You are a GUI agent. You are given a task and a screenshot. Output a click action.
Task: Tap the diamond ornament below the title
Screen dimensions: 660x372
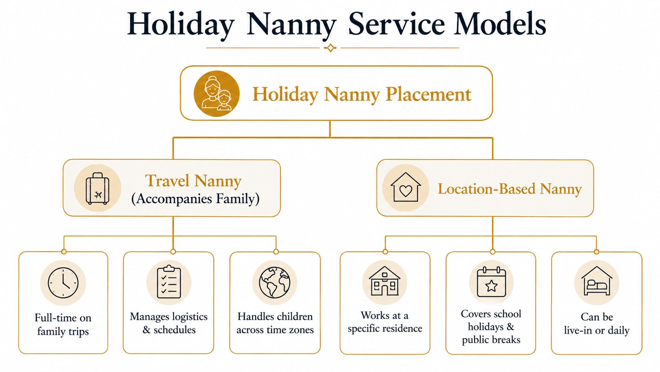tap(330, 47)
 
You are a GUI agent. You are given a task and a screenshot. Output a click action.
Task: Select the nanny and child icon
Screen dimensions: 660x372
tap(217, 94)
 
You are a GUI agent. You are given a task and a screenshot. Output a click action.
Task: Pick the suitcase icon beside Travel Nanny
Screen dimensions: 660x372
tap(97, 189)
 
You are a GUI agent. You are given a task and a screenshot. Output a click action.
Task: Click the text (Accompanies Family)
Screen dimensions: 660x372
tap(195, 199)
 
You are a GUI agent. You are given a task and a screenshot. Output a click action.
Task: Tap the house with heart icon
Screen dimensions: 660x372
tap(405, 187)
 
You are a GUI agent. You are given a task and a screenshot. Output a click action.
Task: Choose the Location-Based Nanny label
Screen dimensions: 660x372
tap(510, 189)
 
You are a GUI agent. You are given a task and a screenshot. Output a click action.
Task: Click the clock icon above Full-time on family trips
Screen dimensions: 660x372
tap(63, 283)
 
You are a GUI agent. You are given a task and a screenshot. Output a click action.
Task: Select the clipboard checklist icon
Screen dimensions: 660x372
tap(169, 282)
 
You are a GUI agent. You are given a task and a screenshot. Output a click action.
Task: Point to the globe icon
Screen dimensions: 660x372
tap(275, 282)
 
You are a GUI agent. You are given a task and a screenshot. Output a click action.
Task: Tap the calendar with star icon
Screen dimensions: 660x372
tap(491, 282)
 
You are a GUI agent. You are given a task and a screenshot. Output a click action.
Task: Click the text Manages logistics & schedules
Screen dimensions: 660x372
tap(169, 323)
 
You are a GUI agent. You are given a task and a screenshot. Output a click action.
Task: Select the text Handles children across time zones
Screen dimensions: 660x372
tap(275, 323)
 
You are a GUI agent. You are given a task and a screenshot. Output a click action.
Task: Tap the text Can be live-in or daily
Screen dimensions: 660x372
tap(597, 324)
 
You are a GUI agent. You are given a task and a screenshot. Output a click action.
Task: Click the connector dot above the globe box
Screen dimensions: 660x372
tap(276, 252)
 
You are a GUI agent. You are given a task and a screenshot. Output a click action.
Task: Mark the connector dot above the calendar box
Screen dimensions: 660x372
tap(493, 252)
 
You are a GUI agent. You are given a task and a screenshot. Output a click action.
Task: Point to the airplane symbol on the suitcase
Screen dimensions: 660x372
tap(98, 195)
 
